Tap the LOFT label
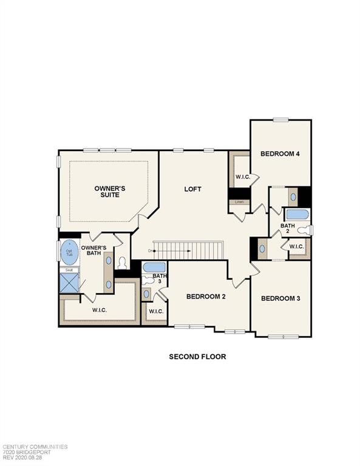click(x=192, y=189)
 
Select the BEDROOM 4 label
click(x=280, y=154)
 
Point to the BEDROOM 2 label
click(x=206, y=297)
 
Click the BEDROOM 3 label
click(x=280, y=299)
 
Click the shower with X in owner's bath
click(x=69, y=282)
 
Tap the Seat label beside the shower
click(x=69, y=270)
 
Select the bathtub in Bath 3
click(x=154, y=267)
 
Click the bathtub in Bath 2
click(x=297, y=214)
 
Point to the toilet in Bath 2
click(x=308, y=230)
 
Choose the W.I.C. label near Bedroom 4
click(x=243, y=178)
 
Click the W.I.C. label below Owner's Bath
click(x=101, y=310)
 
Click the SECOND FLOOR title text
click(x=197, y=357)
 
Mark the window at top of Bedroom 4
click(x=280, y=120)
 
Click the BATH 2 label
click(x=288, y=229)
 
